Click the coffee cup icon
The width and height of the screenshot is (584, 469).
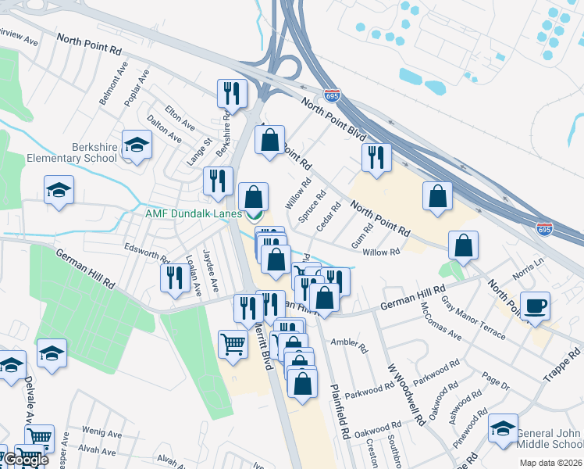coord(535,306)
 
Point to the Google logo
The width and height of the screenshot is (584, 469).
coord(25,460)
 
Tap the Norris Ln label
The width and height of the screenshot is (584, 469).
coord(528,272)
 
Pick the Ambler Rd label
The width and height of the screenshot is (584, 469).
coord(349,345)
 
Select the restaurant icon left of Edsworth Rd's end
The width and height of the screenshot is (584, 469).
coord(173,278)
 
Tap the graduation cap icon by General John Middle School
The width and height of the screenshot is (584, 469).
coord(503,429)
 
